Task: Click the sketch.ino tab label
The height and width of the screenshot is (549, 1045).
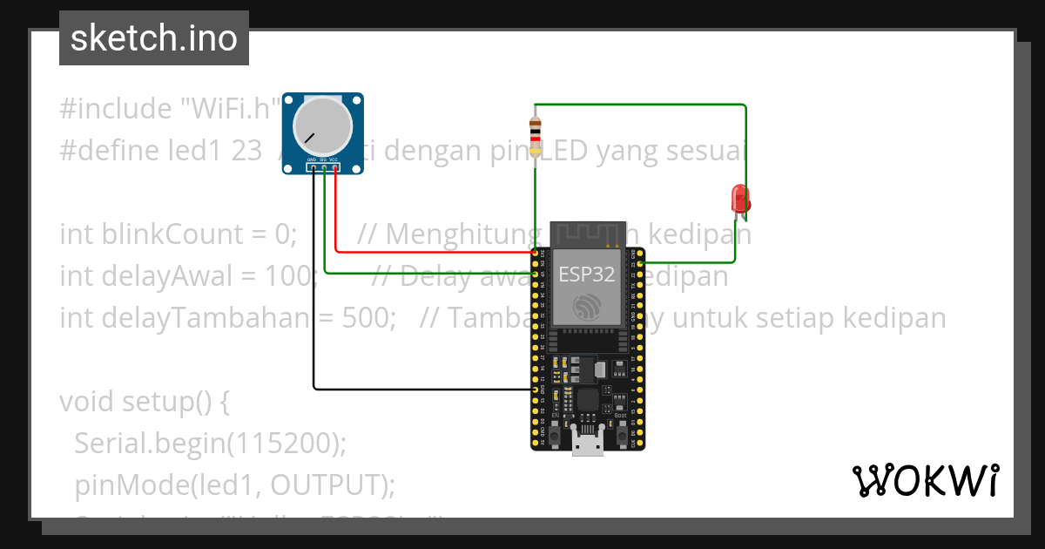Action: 154,38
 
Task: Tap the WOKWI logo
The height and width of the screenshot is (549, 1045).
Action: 925,480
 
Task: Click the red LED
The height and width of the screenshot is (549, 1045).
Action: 740,198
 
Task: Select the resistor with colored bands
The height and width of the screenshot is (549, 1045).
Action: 536,133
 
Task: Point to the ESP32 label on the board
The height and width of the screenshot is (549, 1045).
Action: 587,275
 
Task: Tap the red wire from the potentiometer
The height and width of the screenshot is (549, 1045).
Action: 435,253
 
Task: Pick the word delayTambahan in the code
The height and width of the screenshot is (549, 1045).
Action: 184,318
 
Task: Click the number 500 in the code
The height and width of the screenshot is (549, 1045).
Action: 365,318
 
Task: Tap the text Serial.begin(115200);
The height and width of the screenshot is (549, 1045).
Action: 210,444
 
